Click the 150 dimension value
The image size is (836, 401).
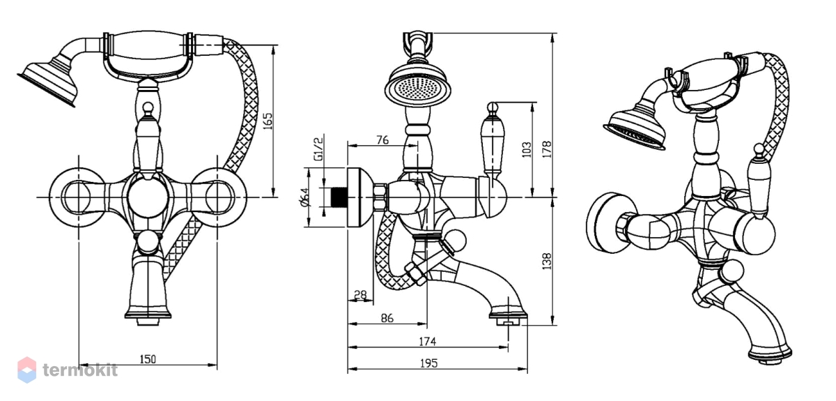148,359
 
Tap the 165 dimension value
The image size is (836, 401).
268,121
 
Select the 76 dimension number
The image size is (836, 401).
382,139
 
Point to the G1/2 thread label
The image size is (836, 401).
318,149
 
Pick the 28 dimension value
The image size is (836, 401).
360,295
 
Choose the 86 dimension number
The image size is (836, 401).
387,318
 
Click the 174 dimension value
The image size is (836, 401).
427,342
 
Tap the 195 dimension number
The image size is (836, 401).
428,363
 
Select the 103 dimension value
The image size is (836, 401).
527,149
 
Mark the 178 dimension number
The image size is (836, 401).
547,149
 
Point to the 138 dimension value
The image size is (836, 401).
547,262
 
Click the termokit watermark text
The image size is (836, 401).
80,370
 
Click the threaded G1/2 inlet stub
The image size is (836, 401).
339,197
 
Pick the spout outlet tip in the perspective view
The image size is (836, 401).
771,355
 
